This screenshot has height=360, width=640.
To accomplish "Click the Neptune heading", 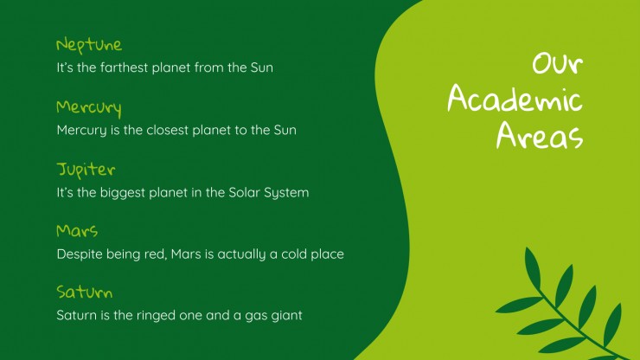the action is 89,45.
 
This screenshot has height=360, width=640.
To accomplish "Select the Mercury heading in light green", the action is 89,107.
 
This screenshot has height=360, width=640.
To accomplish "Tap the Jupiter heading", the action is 86,170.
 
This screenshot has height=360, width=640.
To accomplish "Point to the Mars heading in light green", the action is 77,231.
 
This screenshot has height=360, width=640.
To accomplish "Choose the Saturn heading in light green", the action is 85,292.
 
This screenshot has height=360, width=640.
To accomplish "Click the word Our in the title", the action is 558,64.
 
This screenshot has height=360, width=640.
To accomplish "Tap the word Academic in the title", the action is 515,99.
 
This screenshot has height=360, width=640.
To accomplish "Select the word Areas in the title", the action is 540,135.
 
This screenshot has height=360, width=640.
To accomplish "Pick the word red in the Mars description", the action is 156,255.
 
